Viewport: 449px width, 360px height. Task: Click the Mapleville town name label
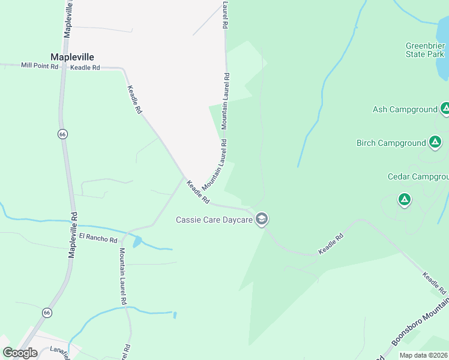coord(72,57)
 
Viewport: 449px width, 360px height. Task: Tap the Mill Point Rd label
coord(40,65)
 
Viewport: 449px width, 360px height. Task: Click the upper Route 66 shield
coord(62,134)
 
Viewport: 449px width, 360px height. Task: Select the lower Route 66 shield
coord(47,313)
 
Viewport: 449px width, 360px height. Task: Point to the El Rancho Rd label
coord(98,239)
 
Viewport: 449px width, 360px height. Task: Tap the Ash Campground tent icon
coord(445,109)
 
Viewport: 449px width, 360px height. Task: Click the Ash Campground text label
coord(405,109)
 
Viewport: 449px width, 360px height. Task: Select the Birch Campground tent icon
coord(435,143)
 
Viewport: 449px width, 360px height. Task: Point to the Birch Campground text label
coord(391,143)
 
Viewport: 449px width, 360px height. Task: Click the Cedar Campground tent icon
coord(405,199)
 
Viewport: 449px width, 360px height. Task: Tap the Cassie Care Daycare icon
coord(261,219)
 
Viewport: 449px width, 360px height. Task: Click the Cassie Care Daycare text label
coord(214,220)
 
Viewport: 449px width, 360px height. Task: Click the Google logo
coord(20,353)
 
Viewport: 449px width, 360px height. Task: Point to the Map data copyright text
coord(424,355)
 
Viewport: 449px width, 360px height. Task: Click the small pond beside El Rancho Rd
coord(138,242)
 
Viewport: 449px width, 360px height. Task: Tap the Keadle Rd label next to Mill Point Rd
coord(85,68)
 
